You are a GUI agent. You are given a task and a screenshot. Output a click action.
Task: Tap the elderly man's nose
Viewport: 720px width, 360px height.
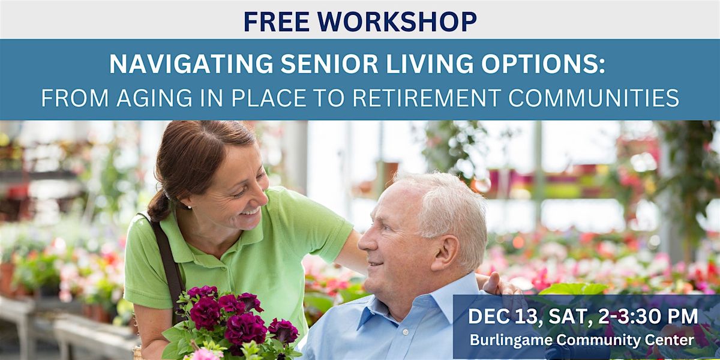[x=364, y=245]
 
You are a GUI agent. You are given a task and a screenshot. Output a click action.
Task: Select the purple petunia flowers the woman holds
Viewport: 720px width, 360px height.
[x=234, y=318]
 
